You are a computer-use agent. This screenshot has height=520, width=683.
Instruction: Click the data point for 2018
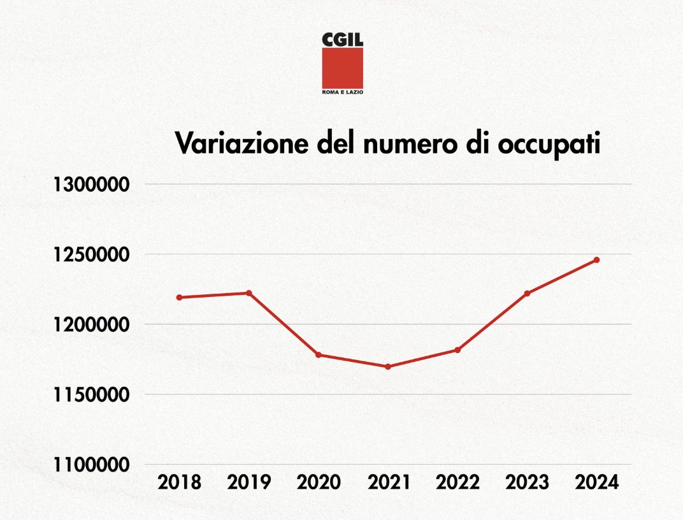(180, 298)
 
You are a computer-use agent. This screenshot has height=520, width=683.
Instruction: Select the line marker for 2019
(249, 293)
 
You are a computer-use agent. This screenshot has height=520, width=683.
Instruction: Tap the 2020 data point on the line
(319, 355)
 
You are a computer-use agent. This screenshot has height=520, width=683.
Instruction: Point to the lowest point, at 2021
(388, 366)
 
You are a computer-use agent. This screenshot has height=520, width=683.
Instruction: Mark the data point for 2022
(457, 350)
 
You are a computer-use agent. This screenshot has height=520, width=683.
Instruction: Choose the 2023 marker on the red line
(527, 293)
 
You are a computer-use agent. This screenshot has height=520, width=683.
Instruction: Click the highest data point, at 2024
(596, 260)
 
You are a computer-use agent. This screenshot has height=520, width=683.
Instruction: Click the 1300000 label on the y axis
(92, 185)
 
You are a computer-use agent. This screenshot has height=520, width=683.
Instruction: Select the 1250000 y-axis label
(92, 255)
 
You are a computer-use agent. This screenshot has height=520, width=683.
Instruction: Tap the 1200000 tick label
(92, 325)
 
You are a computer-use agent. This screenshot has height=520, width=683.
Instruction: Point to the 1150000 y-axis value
(92, 395)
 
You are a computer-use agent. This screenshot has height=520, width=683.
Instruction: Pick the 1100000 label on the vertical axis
(92, 465)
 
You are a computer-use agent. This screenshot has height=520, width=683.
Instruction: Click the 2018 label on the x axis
(180, 482)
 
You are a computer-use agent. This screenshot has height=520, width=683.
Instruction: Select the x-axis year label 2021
(388, 482)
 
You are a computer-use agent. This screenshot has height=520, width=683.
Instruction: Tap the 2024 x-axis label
(596, 482)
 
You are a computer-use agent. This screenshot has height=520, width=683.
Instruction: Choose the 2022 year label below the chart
(457, 482)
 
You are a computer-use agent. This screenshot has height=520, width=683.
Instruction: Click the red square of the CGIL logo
(342, 68)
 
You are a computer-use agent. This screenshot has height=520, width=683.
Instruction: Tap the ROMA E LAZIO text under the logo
(342, 92)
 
